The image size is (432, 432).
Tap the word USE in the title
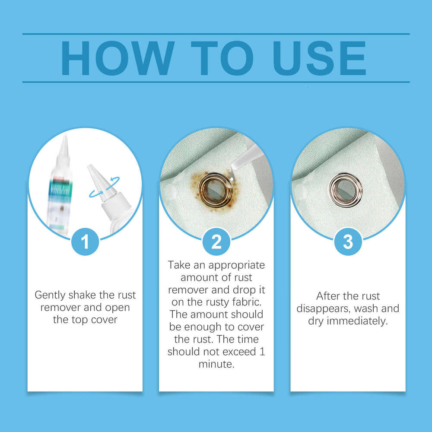[319, 58]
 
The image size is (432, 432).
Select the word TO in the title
[222, 58]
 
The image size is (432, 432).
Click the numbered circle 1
[85, 241]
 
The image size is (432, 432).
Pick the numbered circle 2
[216, 241]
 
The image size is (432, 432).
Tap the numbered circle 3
[348, 241]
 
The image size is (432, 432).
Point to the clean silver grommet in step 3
[346, 190]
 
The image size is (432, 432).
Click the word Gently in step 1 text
[50, 295]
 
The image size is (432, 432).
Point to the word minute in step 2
[216, 364]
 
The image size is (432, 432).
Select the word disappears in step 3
[323, 309]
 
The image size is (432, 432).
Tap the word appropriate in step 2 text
[236, 266]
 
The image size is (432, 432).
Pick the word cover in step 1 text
[104, 320]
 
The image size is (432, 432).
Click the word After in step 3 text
[328, 296]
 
